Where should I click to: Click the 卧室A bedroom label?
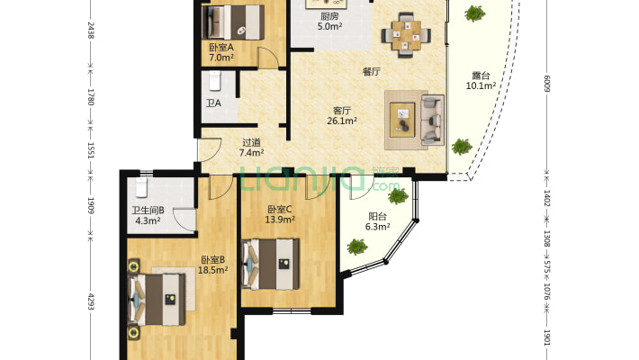coord(221,48)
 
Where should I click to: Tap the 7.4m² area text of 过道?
coord(251,153)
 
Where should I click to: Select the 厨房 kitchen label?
coord(329,16)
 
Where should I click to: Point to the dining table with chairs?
coord(406,35)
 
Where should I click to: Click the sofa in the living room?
coord(432,120)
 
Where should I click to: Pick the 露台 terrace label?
coord(481,76)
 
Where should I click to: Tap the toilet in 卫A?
coord(215,81)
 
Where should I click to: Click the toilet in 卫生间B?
coord(141,186)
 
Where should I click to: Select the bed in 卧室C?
coord(270,265)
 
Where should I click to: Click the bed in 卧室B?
coord(157,300)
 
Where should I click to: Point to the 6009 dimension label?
coord(547,84)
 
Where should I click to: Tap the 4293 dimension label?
coord(91,301)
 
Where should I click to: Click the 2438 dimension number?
coord(91,31)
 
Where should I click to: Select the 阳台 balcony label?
coord(377,217)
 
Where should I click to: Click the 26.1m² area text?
coord(342,121)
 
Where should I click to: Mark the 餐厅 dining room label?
coord(372,72)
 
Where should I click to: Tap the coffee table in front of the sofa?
coord(402,120)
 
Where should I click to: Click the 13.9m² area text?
coord(280,220)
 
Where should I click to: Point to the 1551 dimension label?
coord(91,150)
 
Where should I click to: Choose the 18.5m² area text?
coord(212,270)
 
